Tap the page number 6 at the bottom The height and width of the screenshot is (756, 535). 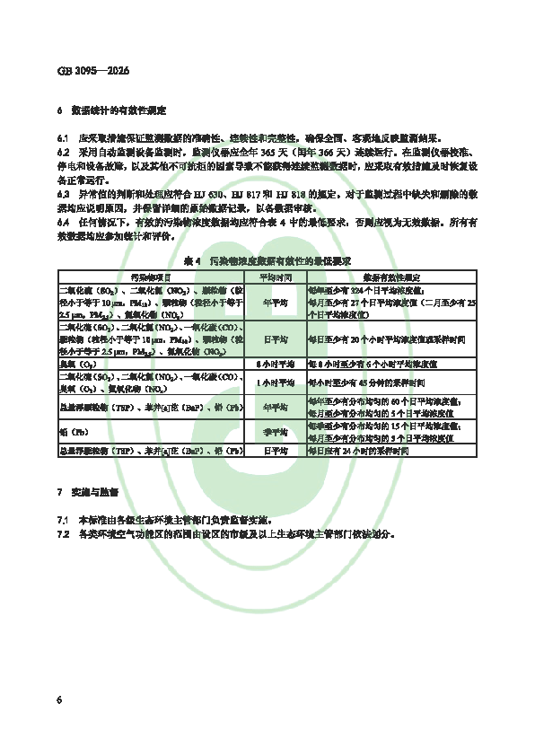click(59, 699)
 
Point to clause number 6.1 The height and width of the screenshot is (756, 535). click(62, 139)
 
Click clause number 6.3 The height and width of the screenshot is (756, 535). click(62, 193)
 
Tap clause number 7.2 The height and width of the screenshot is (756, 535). click(62, 533)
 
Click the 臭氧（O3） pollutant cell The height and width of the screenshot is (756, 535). click(80, 364)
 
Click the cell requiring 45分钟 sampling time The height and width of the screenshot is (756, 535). click(369, 382)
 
